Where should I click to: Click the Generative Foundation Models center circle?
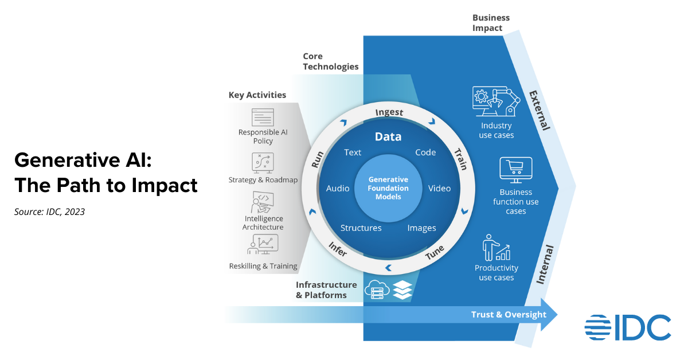(x=389, y=188)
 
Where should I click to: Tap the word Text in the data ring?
(x=353, y=152)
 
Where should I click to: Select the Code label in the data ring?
(x=425, y=152)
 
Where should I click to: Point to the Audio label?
(x=338, y=189)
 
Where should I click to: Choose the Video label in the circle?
(x=440, y=189)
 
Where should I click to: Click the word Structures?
(x=361, y=228)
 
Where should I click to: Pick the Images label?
(x=421, y=228)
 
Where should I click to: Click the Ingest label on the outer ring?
(x=389, y=112)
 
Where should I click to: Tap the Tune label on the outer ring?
(x=435, y=253)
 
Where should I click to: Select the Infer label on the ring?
(x=338, y=248)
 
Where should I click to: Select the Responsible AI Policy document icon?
(x=263, y=117)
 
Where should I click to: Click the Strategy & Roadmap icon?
(x=263, y=162)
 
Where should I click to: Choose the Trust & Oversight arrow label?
(x=509, y=315)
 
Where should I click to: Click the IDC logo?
(x=628, y=327)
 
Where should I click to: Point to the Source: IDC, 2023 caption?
(x=49, y=212)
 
